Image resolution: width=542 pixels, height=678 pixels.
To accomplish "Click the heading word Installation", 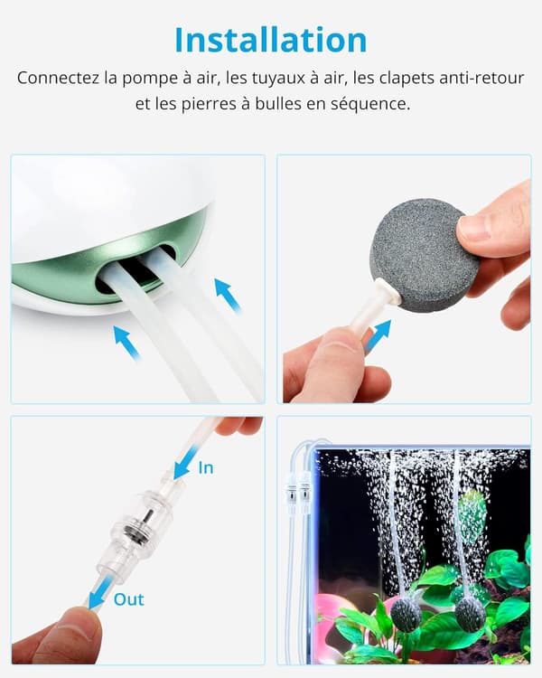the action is (271, 40).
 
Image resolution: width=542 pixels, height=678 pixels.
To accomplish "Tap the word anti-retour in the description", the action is (481, 79).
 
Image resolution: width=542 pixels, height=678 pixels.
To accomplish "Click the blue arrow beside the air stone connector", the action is (376, 334).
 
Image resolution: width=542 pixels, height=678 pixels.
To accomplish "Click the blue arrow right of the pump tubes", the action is (228, 295).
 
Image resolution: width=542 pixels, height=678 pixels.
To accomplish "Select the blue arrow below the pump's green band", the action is (126, 343).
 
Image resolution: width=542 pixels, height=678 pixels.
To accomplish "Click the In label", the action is (205, 468).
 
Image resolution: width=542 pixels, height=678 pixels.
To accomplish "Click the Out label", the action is (129, 599).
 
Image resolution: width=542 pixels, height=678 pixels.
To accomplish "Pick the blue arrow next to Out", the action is (100, 594).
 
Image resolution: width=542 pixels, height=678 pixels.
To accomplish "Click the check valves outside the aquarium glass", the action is (298, 492).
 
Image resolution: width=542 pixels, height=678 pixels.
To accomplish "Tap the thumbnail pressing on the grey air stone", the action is (479, 226).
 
